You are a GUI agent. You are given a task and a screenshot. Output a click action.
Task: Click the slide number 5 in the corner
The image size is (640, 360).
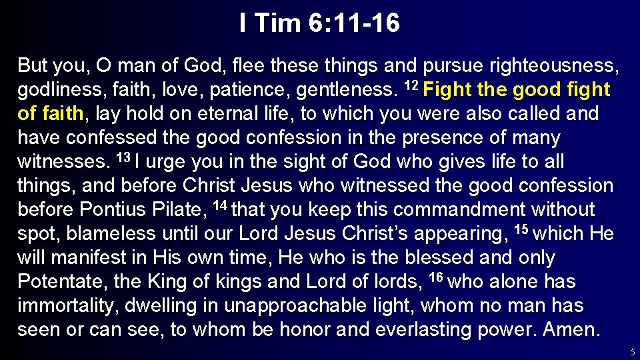(x=632, y=352)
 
